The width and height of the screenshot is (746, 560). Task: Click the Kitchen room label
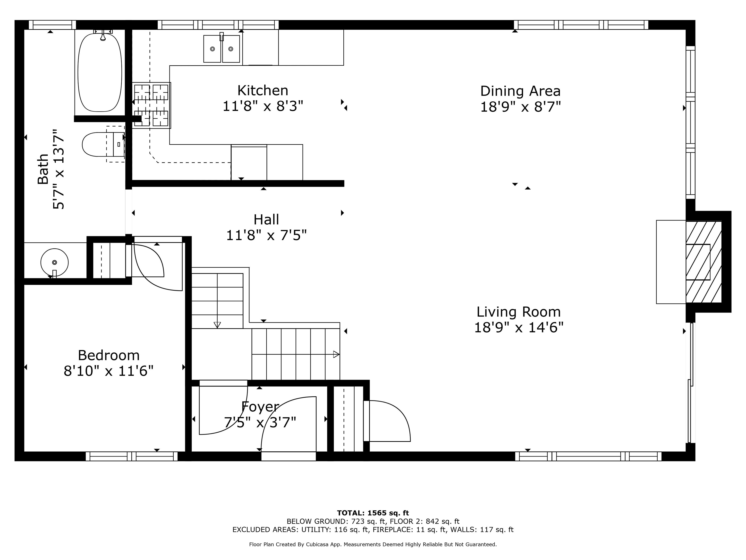[263, 90]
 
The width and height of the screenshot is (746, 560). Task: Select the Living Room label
[518, 312]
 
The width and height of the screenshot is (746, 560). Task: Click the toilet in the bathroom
[98, 144]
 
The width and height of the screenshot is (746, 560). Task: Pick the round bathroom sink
[54, 262]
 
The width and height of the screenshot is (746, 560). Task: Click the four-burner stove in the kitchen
[151, 105]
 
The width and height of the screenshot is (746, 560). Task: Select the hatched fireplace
[703, 262]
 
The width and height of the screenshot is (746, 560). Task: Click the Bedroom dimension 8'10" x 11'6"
[109, 371]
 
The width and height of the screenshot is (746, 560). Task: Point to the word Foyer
[260, 406]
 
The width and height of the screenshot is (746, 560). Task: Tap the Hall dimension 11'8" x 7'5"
[266, 235]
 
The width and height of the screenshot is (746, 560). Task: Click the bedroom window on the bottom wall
[132, 456]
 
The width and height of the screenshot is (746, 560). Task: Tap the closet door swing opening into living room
[390, 420]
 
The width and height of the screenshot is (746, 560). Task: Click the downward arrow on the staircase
[217, 325]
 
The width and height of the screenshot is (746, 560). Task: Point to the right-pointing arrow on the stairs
[336, 354]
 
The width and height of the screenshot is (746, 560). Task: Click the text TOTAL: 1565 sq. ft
[373, 513]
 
